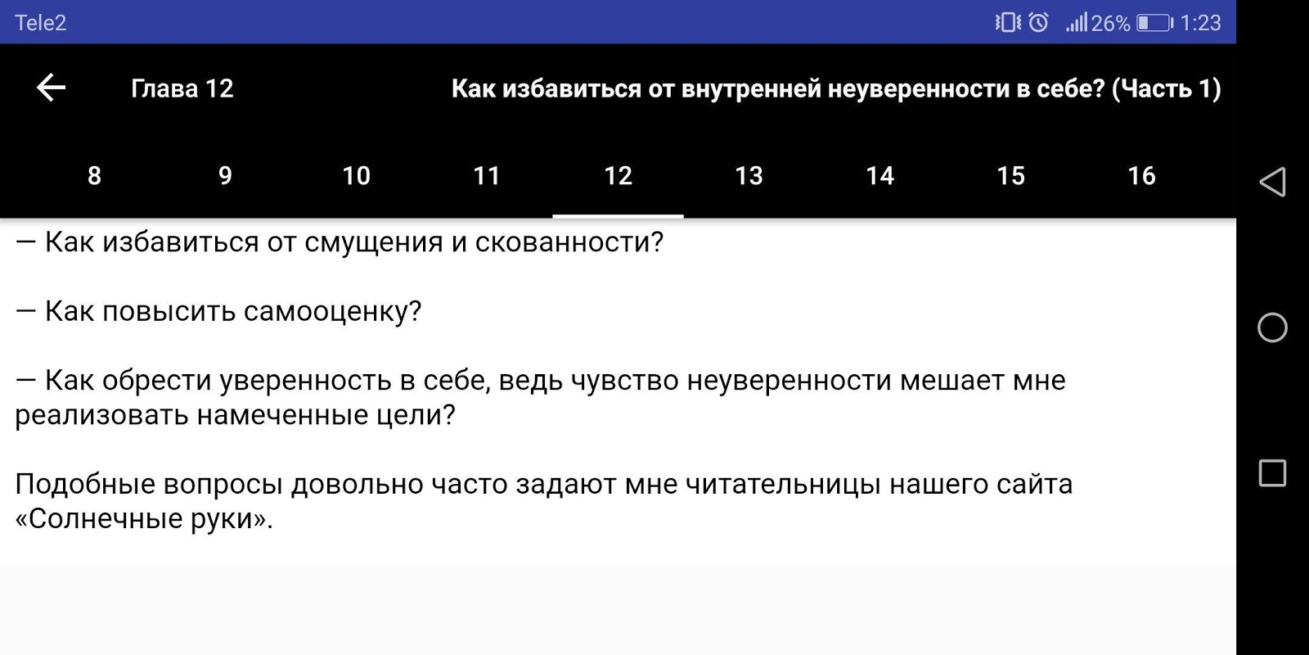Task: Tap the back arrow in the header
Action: (51, 88)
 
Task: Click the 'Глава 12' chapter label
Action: (182, 89)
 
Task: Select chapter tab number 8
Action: (94, 175)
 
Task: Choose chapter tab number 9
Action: (225, 175)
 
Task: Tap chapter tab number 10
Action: (356, 175)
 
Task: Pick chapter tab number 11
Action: (486, 175)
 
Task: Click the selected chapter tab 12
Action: (618, 175)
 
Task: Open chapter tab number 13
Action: (749, 175)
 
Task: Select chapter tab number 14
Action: (879, 175)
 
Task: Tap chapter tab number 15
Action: (1010, 175)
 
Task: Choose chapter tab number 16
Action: (1141, 175)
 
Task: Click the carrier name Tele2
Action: (40, 23)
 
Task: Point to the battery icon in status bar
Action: (1154, 23)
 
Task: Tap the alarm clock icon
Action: (1038, 22)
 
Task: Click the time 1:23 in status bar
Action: (1200, 23)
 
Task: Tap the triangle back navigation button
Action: (1272, 182)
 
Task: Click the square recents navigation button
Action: (1272, 473)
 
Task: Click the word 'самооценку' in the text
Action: (332, 311)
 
